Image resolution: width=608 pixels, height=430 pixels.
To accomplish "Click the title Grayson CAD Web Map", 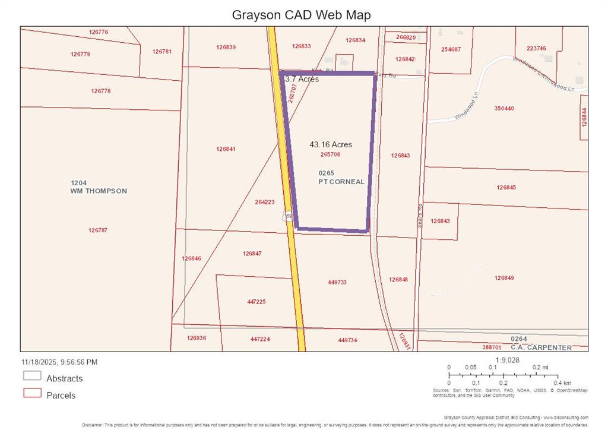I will (x=301, y=15).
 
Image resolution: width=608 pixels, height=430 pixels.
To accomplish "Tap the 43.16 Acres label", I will (x=331, y=144).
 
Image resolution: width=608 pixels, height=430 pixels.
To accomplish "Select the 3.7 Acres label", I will (x=302, y=79).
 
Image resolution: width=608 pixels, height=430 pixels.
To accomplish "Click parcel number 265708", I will (x=330, y=154).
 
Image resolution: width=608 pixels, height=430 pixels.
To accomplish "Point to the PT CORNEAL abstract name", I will (x=341, y=182).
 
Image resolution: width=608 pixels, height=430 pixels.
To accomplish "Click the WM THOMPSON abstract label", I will (x=99, y=191).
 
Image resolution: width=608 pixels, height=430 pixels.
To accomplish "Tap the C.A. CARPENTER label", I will (x=542, y=347).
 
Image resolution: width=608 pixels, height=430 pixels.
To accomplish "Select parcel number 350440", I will (x=504, y=109).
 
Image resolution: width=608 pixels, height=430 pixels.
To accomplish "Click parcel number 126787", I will (x=98, y=230).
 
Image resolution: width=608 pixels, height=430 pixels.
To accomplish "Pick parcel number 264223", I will (x=265, y=202).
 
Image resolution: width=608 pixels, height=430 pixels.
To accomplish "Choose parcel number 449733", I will (x=337, y=283).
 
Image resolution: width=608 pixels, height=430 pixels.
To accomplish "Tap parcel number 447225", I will (x=256, y=302).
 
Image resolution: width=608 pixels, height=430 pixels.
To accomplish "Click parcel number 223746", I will (x=536, y=49).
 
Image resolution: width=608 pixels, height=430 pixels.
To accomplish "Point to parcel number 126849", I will (x=504, y=278).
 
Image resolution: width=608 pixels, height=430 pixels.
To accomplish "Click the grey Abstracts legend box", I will (x=32, y=376).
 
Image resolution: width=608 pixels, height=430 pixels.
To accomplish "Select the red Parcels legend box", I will (x=32, y=393).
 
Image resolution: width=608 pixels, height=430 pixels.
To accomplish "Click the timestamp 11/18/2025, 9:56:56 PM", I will (x=59, y=362).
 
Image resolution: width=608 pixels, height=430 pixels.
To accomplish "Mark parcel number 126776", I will (x=99, y=32).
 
